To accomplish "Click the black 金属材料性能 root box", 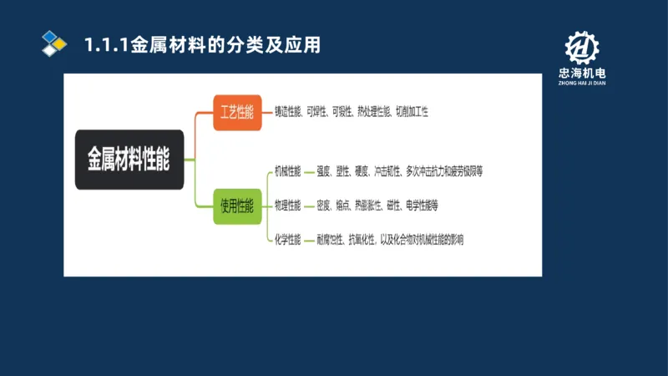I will tap(129, 159).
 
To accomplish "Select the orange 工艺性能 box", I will tap(237, 112).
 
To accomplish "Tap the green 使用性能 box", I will tap(237, 206).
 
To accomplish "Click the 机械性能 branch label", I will tap(288, 171).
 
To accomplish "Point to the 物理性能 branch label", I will tap(288, 205).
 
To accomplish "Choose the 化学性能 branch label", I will tap(288, 239).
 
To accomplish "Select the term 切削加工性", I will tap(412, 111).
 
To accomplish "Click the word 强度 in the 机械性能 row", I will tap(324, 172).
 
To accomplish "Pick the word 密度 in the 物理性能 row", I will tap(324, 206).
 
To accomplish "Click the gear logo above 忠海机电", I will tap(582, 49).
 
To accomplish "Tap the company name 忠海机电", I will tap(582, 74).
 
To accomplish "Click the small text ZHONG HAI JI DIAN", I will tap(582, 84).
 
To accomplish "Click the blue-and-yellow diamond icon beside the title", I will tap(54, 43).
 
